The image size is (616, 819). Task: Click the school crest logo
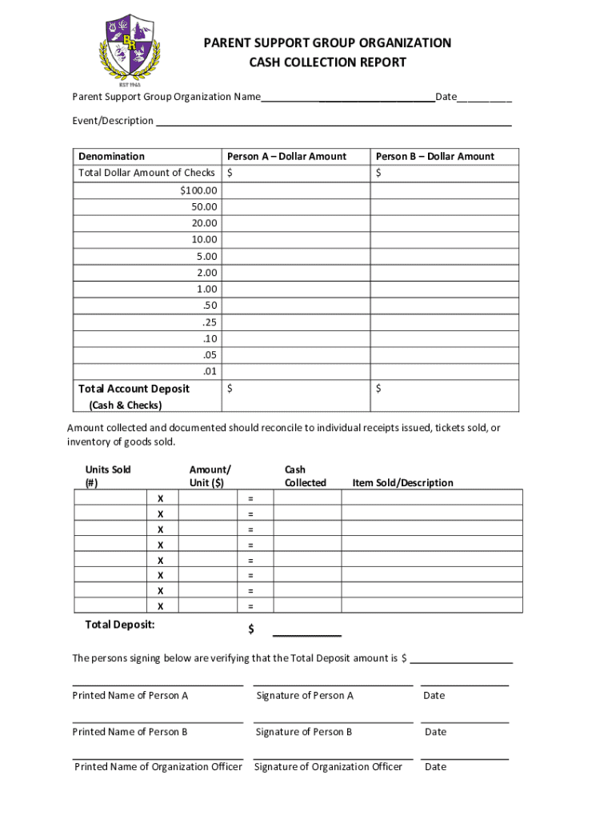pyautogui.click(x=131, y=47)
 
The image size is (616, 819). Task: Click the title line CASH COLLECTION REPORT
pyautogui.click(x=326, y=62)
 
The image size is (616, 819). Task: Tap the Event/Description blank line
pyautogui.click(x=333, y=122)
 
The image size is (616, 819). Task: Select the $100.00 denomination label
pyautogui.click(x=198, y=190)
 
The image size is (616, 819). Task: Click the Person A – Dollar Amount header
pyautogui.click(x=286, y=157)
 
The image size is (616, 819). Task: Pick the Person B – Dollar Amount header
pyautogui.click(x=435, y=157)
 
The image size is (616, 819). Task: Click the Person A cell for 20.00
pyautogui.click(x=296, y=223)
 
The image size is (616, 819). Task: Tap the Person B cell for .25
pyautogui.click(x=445, y=322)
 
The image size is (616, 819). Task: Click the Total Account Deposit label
pyautogui.click(x=134, y=389)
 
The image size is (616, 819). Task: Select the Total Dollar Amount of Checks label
pyautogui.click(x=146, y=173)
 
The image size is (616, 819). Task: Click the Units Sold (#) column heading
pyautogui.click(x=108, y=476)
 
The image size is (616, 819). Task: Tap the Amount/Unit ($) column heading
pyautogui.click(x=210, y=476)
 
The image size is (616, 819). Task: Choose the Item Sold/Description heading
pyautogui.click(x=402, y=483)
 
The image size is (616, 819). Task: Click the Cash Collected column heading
pyautogui.click(x=305, y=476)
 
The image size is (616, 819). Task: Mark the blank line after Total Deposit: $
pyautogui.click(x=307, y=632)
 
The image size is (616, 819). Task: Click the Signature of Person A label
pyautogui.click(x=305, y=696)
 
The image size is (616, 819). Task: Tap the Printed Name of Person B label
pyautogui.click(x=130, y=732)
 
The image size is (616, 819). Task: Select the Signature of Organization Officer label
pyautogui.click(x=328, y=767)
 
